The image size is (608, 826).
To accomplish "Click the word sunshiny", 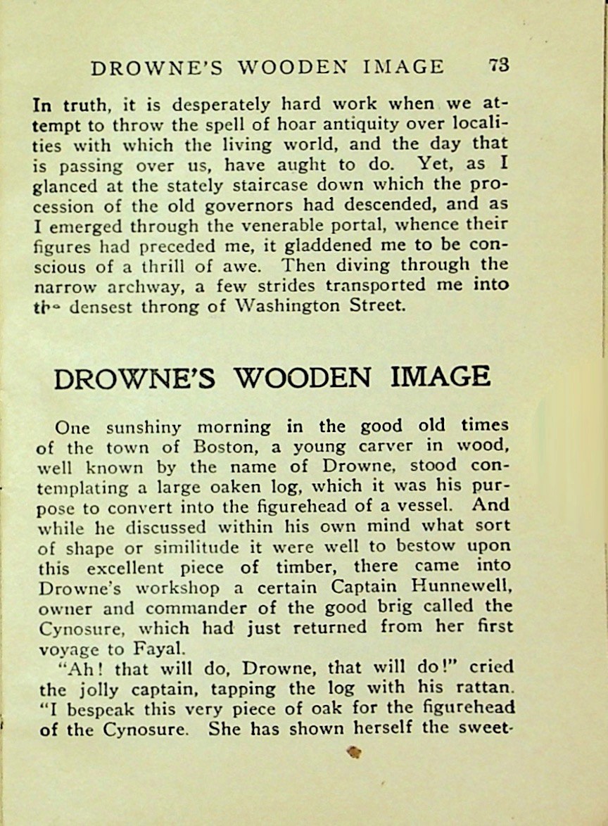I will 144,427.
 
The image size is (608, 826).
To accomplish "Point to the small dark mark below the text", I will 355,752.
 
